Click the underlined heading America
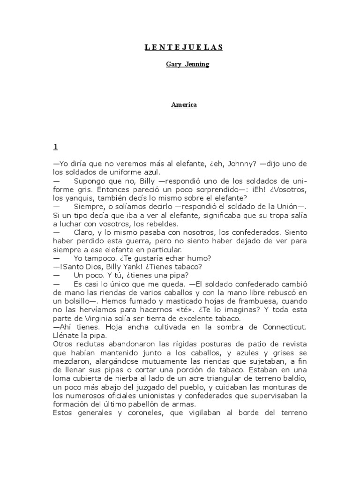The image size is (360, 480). point(184,105)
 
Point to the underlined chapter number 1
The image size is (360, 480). point(55,147)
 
